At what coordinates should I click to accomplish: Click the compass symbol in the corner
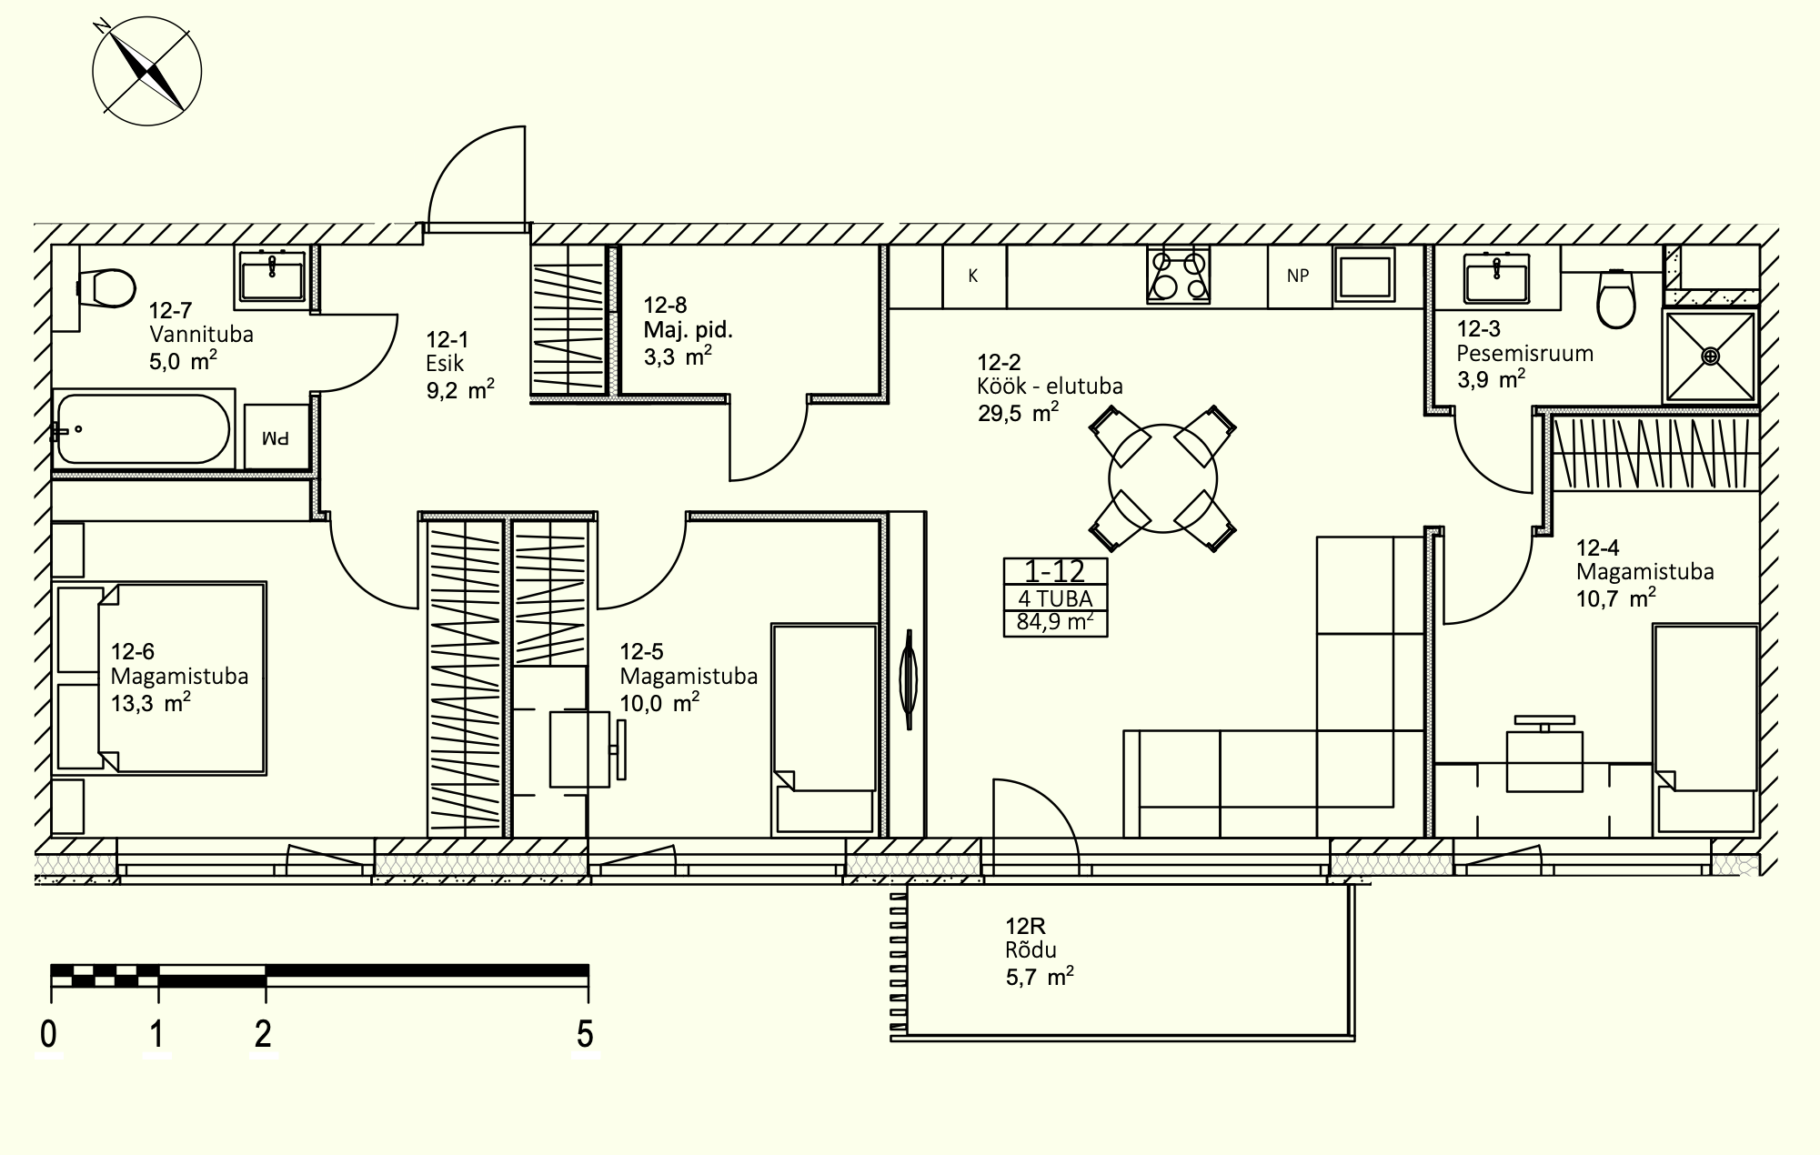click(x=146, y=71)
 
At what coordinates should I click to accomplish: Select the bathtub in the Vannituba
click(x=143, y=428)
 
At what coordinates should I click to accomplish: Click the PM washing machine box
click(x=277, y=437)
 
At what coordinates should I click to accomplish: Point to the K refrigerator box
click(x=973, y=276)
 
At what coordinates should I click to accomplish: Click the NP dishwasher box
click(x=1298, y=276)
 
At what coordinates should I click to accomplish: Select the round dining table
click(x=1162, y=478)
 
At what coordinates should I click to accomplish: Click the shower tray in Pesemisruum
click(x=1710, y=356)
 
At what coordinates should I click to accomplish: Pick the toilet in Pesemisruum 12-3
click(x=1615, y=297)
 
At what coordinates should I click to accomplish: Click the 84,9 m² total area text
click(x=1055, y=624)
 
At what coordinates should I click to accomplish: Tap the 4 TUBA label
click(x=1055, y=598)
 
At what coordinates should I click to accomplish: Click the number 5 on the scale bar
click(x=585, y=1034)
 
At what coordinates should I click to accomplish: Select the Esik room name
click(x=445, y=364)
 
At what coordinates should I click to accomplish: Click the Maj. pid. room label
click(x=689, y=329)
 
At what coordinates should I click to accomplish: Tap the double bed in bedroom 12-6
click(x=161, y=678)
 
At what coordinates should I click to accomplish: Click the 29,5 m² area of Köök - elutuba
click(x=1018, y=413)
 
